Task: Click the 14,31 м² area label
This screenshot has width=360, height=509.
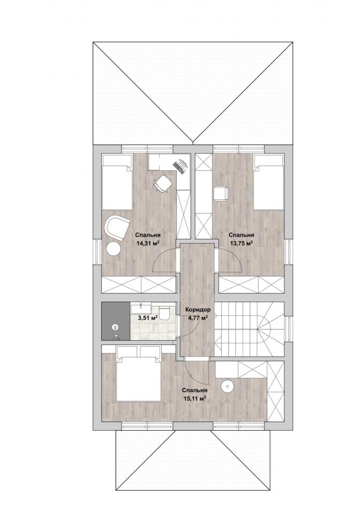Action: pyautogui.click(x=148, y=243)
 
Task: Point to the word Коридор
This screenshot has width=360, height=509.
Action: pyautogui.click(x=198, y=309)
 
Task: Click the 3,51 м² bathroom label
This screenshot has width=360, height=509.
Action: pyautogui.click(x=148, y=318)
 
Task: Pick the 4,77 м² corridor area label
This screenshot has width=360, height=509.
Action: pyautogui.click(x=198, y=318)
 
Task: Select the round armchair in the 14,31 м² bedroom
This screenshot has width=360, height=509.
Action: pyautogui.click(x=117, y=228)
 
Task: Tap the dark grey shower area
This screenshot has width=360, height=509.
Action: pyautogui.click(x=116, y=321)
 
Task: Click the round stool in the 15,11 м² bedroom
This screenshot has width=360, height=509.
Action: pyautogui.click(x=227, y=386)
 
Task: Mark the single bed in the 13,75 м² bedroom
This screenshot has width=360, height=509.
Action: pyautogui.click(x=268, y=182)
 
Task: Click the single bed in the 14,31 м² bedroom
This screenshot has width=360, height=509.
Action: pyautogui.click(x=117, y=182)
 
